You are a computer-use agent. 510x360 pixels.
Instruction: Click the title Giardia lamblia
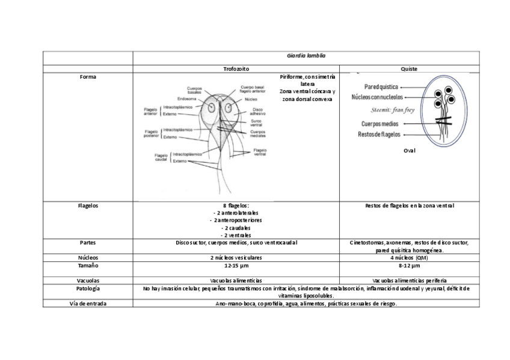tap(306, 56)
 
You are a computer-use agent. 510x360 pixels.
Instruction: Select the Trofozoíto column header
tap(236, 69)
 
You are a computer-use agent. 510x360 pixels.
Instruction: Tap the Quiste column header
tap(409, 69)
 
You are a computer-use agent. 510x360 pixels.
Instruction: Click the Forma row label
tap(88, 77)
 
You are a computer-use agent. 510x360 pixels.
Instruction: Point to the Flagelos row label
tap(88, 206)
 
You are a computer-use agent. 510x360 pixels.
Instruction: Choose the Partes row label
tap(88, 243)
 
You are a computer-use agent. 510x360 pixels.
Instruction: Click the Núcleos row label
tap(88, 257)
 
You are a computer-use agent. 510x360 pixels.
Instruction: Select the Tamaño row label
tap(88, 265)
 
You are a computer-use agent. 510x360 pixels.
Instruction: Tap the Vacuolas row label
tap(88, 281)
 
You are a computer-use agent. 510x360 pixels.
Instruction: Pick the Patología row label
tap(88, 288)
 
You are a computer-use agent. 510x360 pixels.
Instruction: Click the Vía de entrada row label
tap(88, 304)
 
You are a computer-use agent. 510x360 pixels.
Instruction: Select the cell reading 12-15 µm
tap(236, 265)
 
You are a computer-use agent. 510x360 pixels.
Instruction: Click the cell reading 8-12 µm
tap(409, 265)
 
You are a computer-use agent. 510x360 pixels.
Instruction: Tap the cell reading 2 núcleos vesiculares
tap(236, 257)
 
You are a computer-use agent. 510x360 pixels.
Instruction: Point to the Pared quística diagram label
tap(378, 87)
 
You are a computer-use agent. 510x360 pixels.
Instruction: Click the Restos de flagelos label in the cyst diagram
tap(379, 135)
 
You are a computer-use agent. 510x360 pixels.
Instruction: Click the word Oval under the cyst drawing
tap(409, 151)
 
